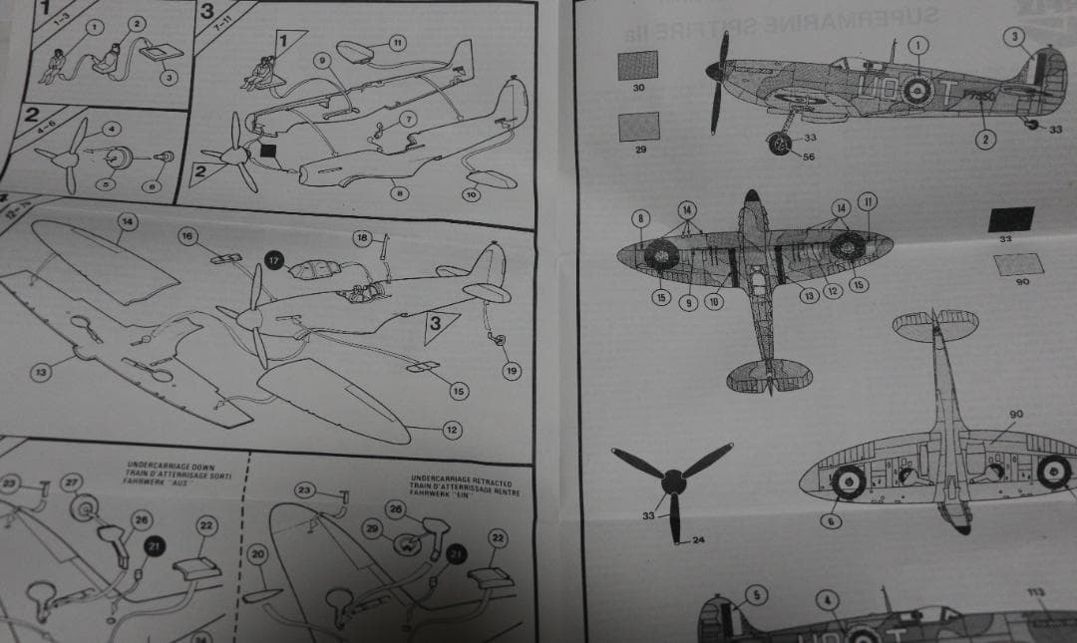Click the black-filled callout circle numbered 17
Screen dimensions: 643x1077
click(274, 260)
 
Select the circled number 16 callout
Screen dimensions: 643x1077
click(187, 235)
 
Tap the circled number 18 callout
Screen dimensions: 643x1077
click(363, 236)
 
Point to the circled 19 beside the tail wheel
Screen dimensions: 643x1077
click(512, 371)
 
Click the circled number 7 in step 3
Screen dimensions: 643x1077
click(408, 119)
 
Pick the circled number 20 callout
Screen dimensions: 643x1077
click(257, 554)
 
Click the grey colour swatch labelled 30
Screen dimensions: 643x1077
click(637, 65)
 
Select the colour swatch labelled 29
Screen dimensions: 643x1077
click(638, 127)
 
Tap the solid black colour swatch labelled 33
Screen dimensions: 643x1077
click(1010, 218)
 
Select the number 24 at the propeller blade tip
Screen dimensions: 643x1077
click(699, 541)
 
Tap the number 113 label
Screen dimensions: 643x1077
click(1036, 592)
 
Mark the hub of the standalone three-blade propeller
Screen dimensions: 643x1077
click(675, 482)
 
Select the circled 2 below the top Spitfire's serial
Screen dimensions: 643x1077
click(985, 139)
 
